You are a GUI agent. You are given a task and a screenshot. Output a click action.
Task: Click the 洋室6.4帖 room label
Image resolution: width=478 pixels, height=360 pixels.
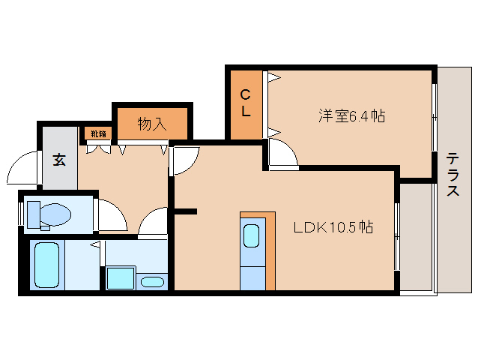pos(351,116)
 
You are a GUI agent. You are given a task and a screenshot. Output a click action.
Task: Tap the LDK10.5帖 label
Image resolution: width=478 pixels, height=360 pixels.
pos(333,227)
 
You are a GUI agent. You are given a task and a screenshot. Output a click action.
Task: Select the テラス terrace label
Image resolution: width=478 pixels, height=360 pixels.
pos(453,175)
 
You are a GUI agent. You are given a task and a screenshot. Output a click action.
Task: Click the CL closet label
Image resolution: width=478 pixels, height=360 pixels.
pos(246,103)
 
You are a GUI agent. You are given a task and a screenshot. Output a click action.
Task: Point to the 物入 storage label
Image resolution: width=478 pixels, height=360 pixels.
pos(152,124)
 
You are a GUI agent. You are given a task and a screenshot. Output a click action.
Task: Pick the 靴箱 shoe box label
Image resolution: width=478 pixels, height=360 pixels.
pos(98,133)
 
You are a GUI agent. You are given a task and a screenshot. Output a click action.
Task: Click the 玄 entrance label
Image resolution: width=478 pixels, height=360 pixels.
pos(59,160)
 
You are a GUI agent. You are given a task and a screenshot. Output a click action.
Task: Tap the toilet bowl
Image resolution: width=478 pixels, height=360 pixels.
pos(55,214)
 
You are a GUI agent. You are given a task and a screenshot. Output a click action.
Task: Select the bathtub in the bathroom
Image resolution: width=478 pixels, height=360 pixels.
pos(47,265)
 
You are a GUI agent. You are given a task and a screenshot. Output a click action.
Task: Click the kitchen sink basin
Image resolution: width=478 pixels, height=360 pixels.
pos(252,235)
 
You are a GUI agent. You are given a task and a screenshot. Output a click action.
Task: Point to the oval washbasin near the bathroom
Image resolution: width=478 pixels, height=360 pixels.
pos(152,282)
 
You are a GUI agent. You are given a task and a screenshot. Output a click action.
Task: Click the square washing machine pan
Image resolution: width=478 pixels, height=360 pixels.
pos(121,278)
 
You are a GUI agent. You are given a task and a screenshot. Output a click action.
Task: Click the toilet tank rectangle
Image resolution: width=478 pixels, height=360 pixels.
pos(34,214)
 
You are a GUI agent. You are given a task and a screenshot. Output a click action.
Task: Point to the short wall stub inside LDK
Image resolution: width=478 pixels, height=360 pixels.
pos(185,211)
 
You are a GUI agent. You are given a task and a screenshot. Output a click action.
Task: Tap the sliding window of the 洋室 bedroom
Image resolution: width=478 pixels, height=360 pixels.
pos(435,117)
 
